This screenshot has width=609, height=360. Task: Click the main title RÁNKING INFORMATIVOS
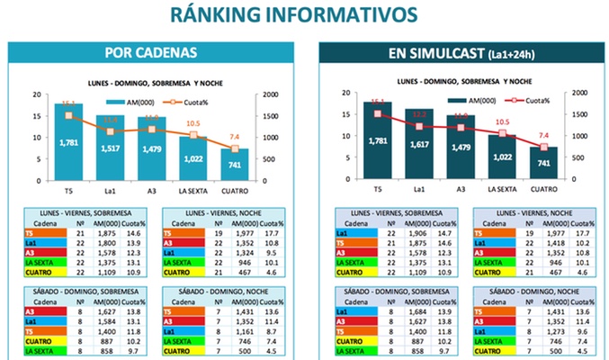(x=304, y=14)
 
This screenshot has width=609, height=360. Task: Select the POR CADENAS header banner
(x=151, y=52)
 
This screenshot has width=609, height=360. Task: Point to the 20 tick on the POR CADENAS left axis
(x=36, y=94)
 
